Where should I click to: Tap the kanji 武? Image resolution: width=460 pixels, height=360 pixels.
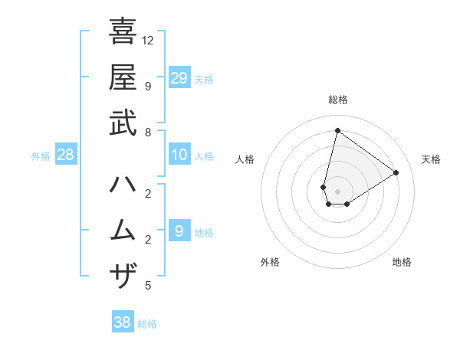(x=123, y=123)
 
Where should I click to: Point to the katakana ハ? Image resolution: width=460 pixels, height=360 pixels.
(x=123, y=185)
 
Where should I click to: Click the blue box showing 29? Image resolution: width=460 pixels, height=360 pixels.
(x=179, y=78)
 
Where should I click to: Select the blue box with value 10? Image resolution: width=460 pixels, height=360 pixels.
(x=179, y=155)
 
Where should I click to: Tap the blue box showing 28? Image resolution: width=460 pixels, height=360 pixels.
(x=65, y=155)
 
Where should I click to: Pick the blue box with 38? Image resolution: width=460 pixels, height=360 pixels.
(x=123, y=322)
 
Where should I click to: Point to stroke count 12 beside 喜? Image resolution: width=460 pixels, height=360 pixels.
(x=148, y=40)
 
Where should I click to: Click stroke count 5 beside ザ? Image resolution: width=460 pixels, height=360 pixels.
(x=147, y=286)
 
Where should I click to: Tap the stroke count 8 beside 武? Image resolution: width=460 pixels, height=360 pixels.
(x=147, y=132)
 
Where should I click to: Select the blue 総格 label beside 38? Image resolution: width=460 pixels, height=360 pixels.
(x=148, y=324)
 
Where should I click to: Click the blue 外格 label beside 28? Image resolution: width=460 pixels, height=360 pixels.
(x=41, y=156)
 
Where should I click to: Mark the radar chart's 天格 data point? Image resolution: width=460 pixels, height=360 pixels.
(x=396, y=172)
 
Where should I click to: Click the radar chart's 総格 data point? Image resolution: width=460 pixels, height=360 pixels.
(x=337, y=131)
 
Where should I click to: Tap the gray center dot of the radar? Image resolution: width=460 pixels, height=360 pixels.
(x=337, y=191)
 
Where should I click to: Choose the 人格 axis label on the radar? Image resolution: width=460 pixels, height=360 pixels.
(x=245, y=159)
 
